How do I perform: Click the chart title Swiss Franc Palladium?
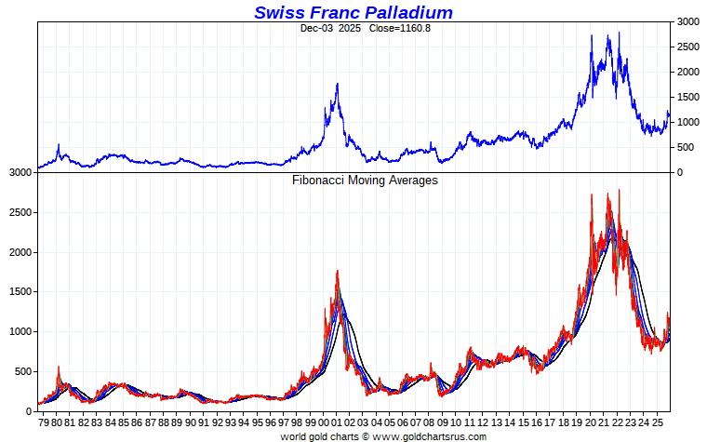click(353, 12)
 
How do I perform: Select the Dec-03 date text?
click(316, 28)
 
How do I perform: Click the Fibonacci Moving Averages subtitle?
click(365, 181)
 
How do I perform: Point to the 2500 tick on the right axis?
click(687, 47)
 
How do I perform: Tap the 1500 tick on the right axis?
click(687, 97)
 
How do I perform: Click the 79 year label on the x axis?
click(44, 423)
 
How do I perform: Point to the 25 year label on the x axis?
click(657, 423)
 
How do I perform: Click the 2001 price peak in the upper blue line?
click(337, 84)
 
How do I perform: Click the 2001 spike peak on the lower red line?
click(337, 271)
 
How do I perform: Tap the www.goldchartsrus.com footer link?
click(430, 435)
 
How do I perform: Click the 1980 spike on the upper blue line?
click(58, 144)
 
